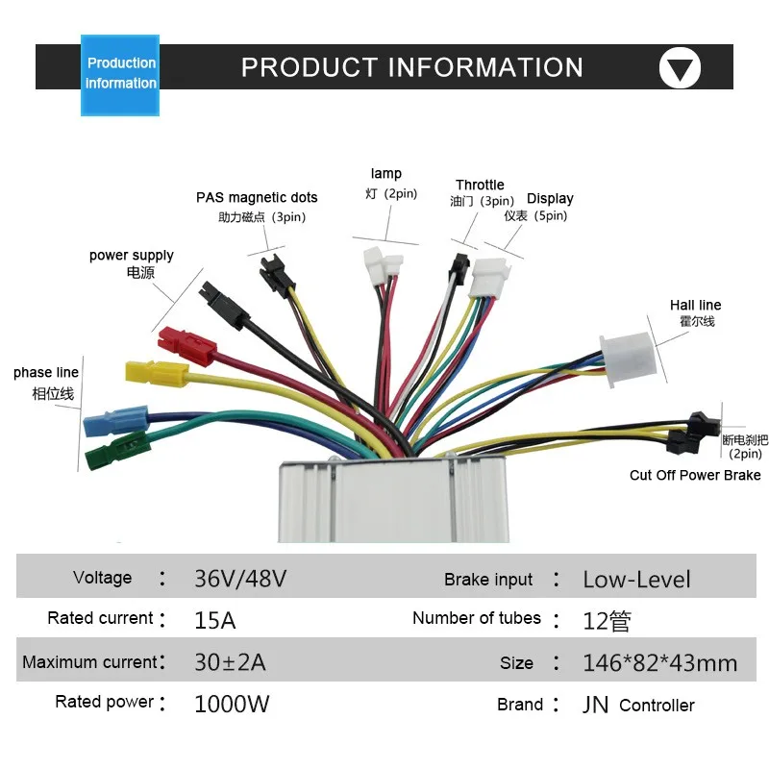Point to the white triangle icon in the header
680,68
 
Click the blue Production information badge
120,74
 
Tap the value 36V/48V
240,579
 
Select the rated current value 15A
214,619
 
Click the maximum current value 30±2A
230,662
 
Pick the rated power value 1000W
232,704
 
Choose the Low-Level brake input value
636,580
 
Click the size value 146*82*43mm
659,662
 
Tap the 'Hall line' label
695,306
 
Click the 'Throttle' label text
480,185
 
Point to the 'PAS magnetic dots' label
257,198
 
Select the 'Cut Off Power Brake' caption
695,475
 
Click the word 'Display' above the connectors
550,199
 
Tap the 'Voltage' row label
102,578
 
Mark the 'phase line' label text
46,373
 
